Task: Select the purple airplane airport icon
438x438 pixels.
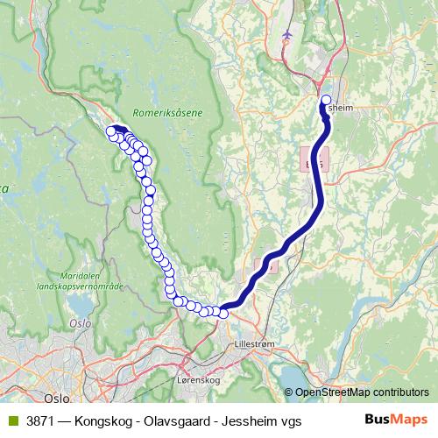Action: point(287,34)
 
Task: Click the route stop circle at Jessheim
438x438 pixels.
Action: point(327,100)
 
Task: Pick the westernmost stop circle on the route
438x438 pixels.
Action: point(111,131)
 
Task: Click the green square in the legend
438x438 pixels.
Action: point(12,420)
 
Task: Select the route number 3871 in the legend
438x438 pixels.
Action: point(41,420)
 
